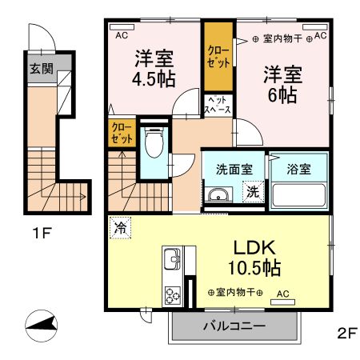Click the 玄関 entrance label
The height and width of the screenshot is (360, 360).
(x=42, y=69)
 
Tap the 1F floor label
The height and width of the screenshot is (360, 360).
(x=42, y=236)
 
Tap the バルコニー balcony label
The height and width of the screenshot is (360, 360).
(x=234, y=327)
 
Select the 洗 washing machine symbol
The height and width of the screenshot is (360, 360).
(x=251, y=192)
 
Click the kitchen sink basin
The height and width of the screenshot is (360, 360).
(x=172, y=260)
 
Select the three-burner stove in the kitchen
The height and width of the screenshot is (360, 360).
(x=172, y=294)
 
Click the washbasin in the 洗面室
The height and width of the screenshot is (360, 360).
(x=217, y=194)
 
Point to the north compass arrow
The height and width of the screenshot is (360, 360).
(x=42, y=324)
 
